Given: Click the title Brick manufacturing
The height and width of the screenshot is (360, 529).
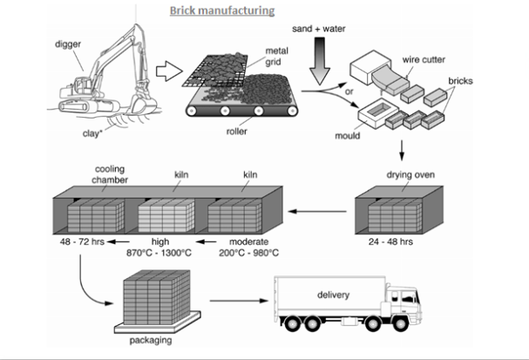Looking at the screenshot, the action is point(222,10).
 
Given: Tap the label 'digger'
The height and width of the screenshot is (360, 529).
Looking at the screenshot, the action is point(68,44).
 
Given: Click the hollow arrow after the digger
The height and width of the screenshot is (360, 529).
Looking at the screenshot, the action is point(169,71).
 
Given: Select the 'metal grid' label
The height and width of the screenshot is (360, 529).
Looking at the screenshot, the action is point(276,57).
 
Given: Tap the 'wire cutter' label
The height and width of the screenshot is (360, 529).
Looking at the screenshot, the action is point(424,60).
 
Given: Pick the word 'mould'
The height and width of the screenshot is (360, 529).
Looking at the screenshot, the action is point(347,136).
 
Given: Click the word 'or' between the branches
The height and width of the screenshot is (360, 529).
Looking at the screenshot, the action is point(349,92).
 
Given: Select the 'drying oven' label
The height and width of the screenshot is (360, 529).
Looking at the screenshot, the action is point(410,175).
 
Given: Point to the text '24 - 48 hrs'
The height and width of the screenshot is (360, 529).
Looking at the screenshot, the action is point(390,241).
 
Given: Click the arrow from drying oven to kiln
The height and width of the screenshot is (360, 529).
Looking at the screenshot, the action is point(317,212).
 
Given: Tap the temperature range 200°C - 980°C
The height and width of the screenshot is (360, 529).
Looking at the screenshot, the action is point(248,253).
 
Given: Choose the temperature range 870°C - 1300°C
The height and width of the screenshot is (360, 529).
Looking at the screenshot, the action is point(159,253).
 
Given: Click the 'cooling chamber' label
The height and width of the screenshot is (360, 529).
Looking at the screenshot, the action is point(110,174).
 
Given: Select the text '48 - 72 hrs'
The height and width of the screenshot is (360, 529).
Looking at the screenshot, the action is point(82,241).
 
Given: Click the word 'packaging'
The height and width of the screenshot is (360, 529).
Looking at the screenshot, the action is point(151,340).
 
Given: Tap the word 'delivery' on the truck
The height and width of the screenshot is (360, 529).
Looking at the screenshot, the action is point(333,295).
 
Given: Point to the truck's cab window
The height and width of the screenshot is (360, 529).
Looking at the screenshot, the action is point(408,297).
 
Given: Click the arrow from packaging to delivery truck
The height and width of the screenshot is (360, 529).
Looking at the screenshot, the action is point(239,301).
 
